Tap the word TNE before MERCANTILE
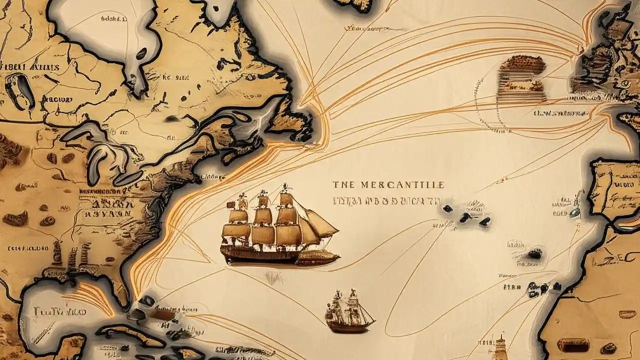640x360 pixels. tap(342, 185)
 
